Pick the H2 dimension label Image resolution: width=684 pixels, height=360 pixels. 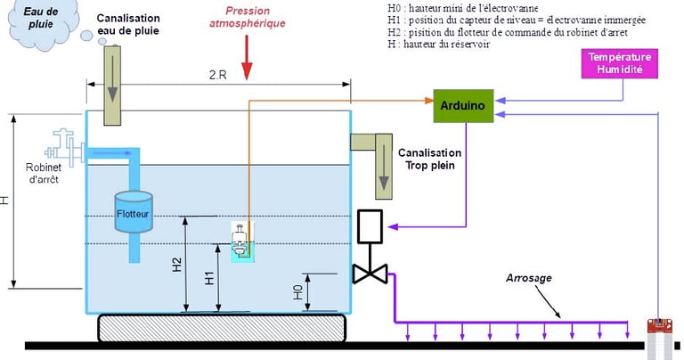(x=176, y=264)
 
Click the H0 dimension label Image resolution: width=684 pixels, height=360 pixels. (x=298, y=292)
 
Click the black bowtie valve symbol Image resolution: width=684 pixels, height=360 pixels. (x=368, y=274)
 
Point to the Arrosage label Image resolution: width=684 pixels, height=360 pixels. (x=530, y=278)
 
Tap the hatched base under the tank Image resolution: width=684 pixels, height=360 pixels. (x=221, y=327)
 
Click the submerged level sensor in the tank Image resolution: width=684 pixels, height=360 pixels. (x=241, y=241)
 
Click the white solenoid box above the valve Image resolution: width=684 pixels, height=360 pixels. (x=369, y=226)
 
